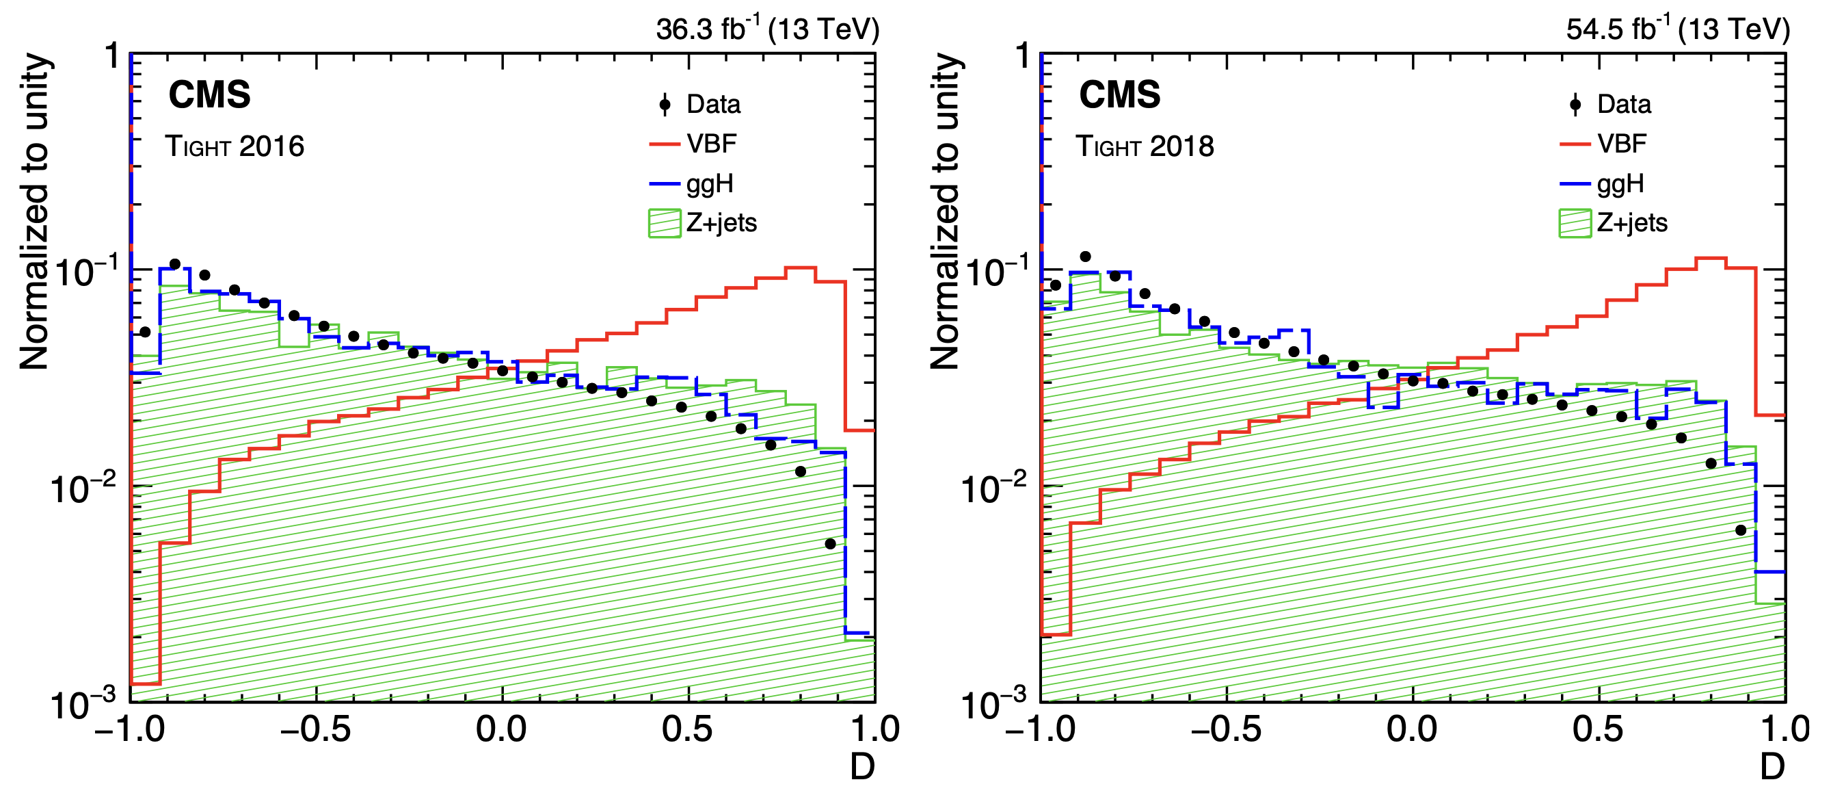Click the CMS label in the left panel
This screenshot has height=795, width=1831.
210,94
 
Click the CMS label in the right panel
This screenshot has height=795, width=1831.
1119,94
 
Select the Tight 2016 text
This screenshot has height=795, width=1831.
235,146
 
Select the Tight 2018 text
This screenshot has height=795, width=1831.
1145,146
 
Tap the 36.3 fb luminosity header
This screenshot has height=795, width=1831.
768,29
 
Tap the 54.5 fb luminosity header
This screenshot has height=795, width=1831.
1677,29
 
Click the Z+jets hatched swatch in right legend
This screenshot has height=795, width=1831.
1575,223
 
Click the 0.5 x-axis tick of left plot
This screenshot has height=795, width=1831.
687,729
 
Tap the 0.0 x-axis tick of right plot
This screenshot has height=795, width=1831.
1413,729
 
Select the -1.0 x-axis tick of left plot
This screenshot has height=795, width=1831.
130,729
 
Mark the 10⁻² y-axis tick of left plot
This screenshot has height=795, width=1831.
83,488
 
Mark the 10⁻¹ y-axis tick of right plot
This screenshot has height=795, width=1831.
993,272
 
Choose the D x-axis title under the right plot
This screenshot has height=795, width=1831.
1772,766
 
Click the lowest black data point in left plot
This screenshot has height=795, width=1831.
830,544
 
